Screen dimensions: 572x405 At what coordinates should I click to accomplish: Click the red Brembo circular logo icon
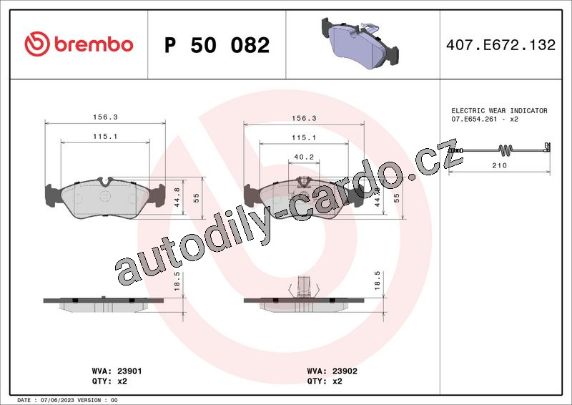point(37,44)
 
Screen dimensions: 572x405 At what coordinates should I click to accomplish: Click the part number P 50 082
point(217,45)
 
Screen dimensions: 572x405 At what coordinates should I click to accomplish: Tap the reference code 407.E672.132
point(501,45)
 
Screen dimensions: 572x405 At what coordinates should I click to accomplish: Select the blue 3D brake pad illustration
point(360,43)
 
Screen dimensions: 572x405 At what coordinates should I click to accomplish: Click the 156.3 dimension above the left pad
point(105,117)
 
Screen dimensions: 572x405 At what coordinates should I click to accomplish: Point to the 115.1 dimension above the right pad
point(304,137)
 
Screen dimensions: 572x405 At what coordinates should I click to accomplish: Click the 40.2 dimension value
point(304,157)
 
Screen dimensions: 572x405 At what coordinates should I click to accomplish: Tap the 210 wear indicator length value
point(499,165)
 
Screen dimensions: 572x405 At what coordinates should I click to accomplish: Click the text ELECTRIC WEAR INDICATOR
point(499,110)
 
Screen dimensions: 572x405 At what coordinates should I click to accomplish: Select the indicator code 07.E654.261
point(474,119)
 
